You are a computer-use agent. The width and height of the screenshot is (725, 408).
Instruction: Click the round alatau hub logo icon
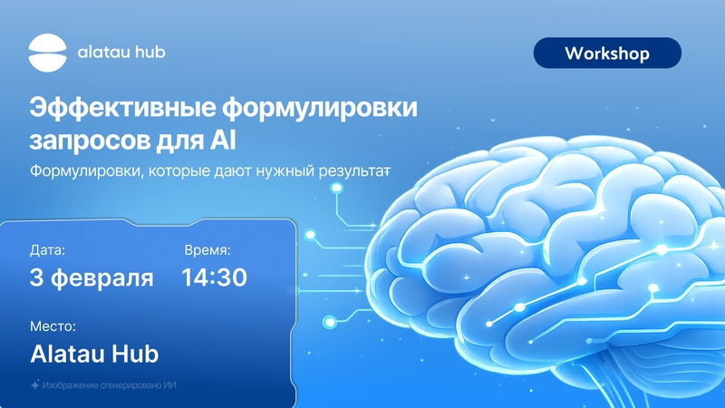pyautogui.click(x=48, y=53)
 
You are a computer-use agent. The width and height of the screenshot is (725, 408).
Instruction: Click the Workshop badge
pyautogui.click(x=607, y=53)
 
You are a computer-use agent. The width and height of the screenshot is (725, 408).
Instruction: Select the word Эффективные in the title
pyautogui.click(x=123, y=108)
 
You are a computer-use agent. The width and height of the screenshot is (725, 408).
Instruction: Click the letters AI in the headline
pyautogui.click(x=223, y=141)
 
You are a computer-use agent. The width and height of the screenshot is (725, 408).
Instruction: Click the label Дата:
pyautogui.click(x=48, y=250)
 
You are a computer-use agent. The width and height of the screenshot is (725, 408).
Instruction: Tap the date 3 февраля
pyautogui.click(x=92, y=278)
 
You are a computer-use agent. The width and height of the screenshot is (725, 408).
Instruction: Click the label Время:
pyautogui.click(x=208, y=250)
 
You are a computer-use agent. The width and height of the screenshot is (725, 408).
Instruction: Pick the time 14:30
pyautogui.click(x=214, y=277)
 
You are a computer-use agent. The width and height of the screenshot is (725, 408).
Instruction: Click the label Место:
pyautogui.click(x=53, y=326)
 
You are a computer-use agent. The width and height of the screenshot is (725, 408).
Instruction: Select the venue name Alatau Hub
pyautogui.click(x=94, y=354)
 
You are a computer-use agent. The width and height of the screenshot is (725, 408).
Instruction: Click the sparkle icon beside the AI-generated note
pyautogui.click(x=34, y=384)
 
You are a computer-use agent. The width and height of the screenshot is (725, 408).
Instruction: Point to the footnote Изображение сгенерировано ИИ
pyautogui.click(x=109, y=384)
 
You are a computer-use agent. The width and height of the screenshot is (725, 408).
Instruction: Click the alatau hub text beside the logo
pyautogui.click(x=121, y=52)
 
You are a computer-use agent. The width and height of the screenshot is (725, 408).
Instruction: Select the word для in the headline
pyautogui.click(x=180, y=141)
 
